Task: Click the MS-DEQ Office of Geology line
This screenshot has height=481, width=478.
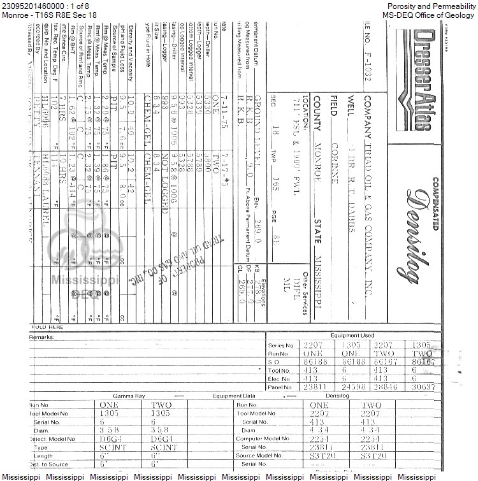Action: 429,15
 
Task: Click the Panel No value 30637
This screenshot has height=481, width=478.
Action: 424,387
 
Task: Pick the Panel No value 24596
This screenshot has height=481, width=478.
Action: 352,387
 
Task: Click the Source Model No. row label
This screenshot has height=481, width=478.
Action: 261,456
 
